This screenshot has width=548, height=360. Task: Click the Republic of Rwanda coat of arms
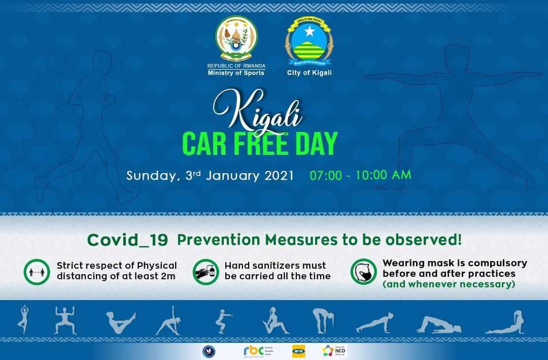pos(236,40)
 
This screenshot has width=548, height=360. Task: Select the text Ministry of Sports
pos(236,73)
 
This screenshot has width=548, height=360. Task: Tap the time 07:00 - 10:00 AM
pos(360,175)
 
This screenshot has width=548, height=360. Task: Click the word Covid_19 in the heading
pos(127,240)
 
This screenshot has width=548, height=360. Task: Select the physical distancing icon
pos(37,271)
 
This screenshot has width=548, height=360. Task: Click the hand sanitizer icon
pos(205,271)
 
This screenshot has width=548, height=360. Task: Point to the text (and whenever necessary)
pos(449,284)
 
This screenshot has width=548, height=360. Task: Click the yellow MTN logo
pos(298,351)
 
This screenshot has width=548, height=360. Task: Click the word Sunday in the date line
pos(152,176)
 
